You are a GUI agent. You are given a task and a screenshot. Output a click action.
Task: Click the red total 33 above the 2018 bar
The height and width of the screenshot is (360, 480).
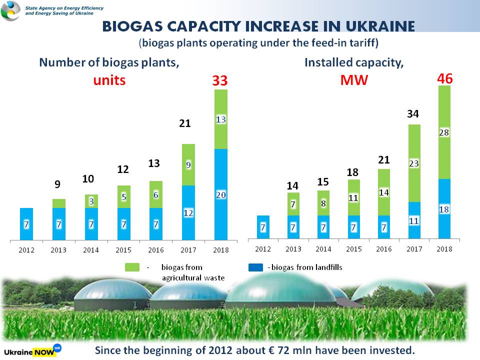[x=220, y=80]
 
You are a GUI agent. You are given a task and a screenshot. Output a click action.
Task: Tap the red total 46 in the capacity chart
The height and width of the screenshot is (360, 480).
[x=445, y=78]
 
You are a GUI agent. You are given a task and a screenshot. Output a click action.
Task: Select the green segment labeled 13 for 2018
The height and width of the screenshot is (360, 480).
[x=220, y=119]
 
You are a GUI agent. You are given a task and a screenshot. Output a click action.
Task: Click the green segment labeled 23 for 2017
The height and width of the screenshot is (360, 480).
[x=413, y=163]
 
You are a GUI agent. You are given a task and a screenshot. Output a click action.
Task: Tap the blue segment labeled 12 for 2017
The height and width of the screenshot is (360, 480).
[x=188, y=212]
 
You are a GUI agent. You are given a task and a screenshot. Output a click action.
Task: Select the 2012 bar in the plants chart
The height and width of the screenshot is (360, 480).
[x=26, y=223]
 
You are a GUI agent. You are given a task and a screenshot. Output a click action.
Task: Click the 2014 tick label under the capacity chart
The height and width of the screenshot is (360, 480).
[x=323, y=248]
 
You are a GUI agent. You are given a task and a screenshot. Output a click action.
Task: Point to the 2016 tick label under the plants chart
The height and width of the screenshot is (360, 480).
[x=155, y=249]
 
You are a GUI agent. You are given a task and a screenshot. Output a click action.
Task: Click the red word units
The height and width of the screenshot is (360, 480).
[x=109, y=80]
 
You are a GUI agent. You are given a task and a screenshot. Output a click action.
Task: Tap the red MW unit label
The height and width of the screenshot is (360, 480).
[x=354, y=80]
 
